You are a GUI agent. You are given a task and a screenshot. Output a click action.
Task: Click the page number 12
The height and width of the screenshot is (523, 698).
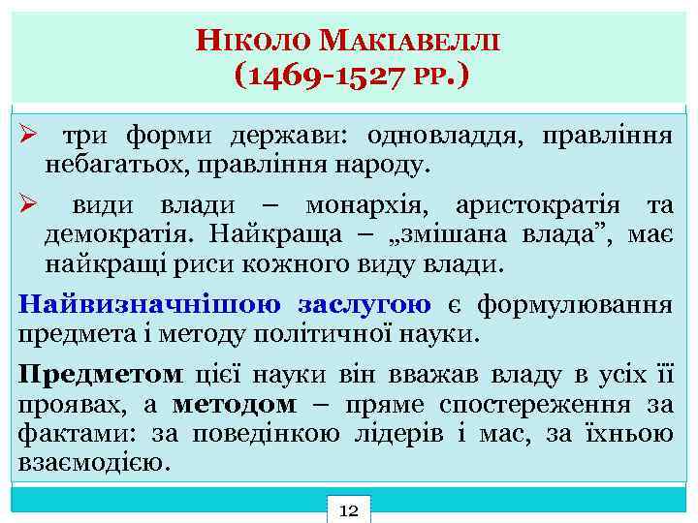(349, 509)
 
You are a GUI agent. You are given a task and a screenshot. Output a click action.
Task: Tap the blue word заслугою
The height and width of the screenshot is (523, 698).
(365, 305)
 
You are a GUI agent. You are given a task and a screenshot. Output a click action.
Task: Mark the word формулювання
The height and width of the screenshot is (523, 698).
(578, 305)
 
